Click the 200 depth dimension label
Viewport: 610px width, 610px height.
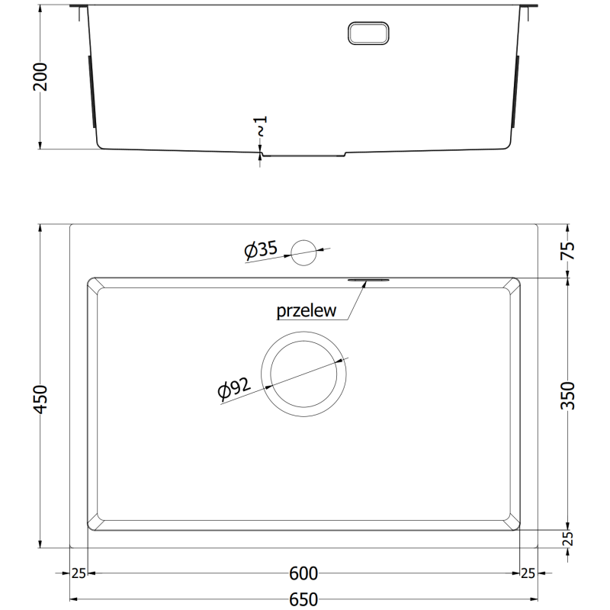pos(40,77)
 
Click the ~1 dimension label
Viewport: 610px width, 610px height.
pos(261,127)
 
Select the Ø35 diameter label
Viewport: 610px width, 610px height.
pos(260,249)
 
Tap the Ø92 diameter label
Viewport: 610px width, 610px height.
pos(234,390)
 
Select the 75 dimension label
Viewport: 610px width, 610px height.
pos(568,251)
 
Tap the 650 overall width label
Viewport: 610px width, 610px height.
pos(303,599)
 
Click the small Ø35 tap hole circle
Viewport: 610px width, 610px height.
pos(303,252)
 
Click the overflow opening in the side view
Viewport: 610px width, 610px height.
pos(369,32)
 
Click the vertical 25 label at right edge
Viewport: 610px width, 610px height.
pos(568,538)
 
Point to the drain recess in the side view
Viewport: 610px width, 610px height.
pos(303,155)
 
